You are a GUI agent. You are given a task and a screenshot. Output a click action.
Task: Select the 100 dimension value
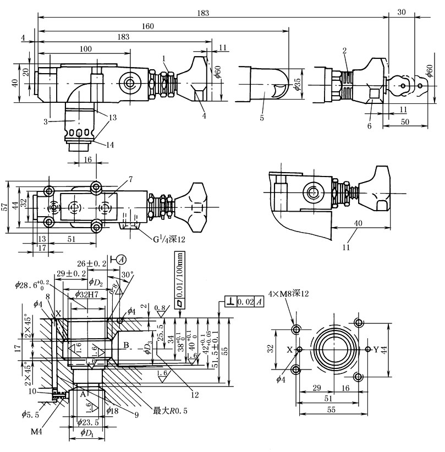[85, 49]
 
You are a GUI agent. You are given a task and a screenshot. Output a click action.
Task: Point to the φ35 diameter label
[298, 84]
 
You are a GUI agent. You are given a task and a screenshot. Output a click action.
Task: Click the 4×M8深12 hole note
[288, 294]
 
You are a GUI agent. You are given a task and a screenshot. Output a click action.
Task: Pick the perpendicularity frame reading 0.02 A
[245, 302]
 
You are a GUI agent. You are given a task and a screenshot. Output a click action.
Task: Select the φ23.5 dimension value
[87, 422]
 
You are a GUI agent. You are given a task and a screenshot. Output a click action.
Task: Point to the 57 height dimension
[5, 206]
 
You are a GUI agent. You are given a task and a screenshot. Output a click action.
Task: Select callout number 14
[111, 145]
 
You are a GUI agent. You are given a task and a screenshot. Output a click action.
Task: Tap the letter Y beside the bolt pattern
[376, 349]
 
